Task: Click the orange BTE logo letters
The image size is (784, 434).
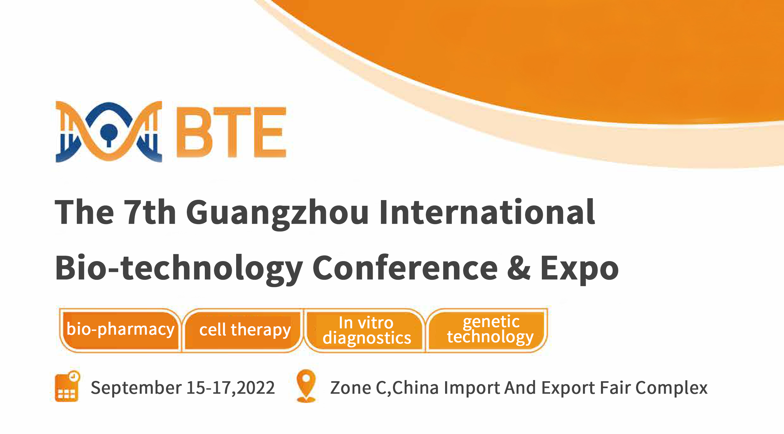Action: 231,132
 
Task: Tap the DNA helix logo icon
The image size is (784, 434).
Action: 109,131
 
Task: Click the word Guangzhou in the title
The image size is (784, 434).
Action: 277,212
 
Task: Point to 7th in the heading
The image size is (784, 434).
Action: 150,212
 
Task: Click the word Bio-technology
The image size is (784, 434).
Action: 179,268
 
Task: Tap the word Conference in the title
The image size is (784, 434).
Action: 405,268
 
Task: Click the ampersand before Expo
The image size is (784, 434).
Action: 519,268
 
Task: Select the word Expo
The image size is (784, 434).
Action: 579,268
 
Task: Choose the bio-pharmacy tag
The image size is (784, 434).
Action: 120,330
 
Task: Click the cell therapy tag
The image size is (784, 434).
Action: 245,330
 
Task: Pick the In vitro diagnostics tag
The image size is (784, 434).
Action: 366,330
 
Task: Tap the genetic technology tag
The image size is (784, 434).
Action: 490,329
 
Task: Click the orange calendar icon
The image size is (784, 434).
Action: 67,387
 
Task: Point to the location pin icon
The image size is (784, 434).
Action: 306,385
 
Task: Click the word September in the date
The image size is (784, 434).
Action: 136,388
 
